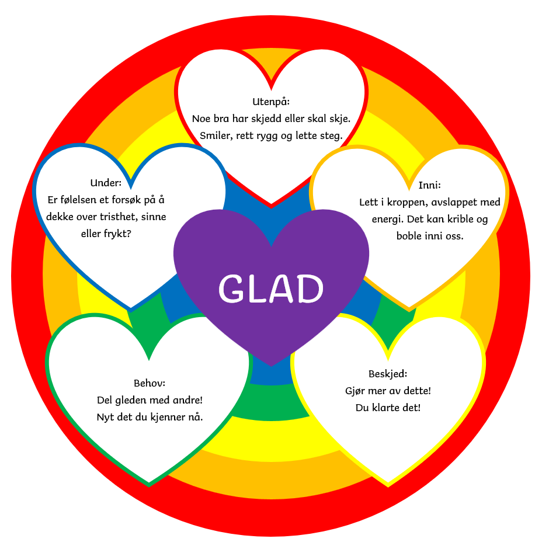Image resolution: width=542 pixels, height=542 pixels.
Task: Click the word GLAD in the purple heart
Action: click(271, 287)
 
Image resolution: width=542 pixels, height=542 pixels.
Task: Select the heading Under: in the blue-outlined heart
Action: click(106, 182)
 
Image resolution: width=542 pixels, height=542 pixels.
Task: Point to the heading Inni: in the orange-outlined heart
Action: click(429, 186)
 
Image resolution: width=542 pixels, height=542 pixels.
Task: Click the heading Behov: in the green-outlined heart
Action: click(150, 384)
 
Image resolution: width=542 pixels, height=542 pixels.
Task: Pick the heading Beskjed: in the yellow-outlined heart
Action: click(388, 374)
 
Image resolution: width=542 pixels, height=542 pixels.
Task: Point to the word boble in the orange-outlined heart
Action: click(409, 237)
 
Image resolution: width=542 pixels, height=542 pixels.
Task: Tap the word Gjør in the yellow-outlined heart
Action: click(356, 391)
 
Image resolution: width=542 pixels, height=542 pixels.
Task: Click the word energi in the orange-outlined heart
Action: click(388, 220)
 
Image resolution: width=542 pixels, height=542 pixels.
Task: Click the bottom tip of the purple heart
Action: click(271, 366)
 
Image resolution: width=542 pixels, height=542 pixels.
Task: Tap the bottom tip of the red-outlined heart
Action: click(271, 206)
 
